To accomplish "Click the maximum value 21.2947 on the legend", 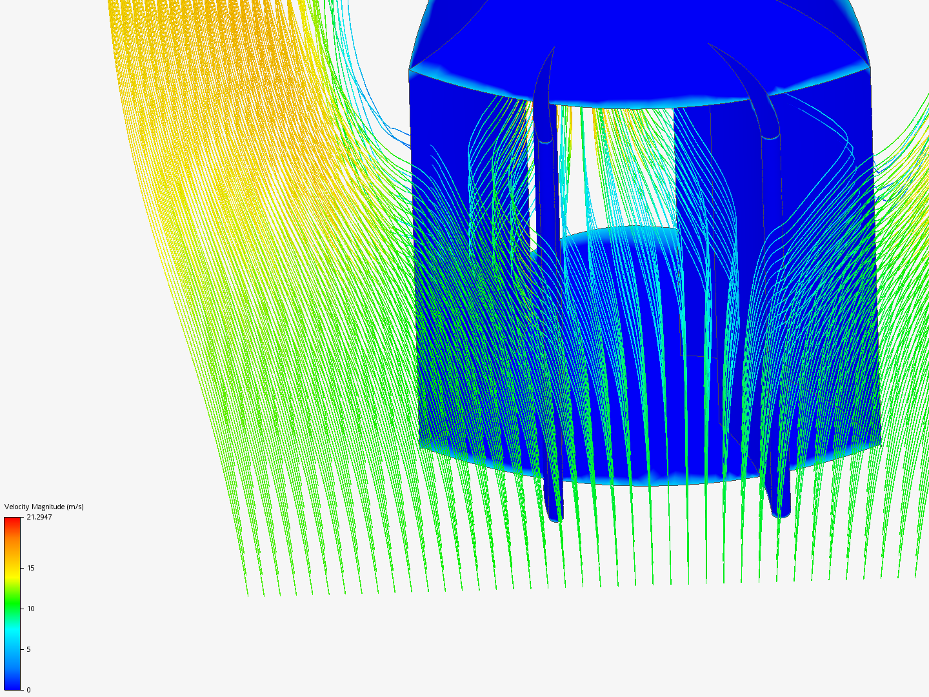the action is [39, 517].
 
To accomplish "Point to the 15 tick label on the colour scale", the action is [30, 568].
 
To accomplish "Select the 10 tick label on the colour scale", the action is [30, 609].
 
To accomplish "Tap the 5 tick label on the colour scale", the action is [28, 649].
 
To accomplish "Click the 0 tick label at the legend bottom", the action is [28, 690].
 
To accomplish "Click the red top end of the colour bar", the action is [12, 520].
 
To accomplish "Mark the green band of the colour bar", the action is [12, 605].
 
